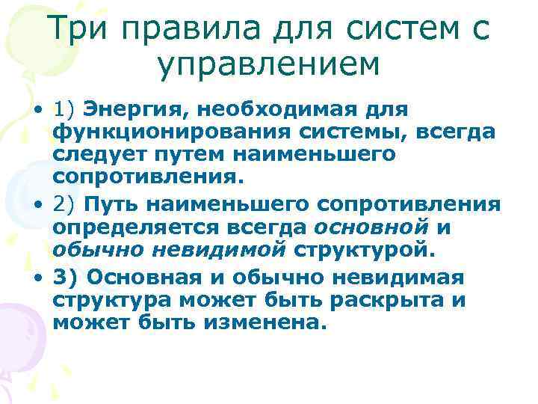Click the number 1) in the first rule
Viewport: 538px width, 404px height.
coord(65,110)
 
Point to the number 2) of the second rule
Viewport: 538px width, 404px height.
coord(65,204)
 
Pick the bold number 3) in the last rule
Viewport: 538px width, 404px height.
coord(67,278)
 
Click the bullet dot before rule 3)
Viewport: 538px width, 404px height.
coord(36,279)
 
